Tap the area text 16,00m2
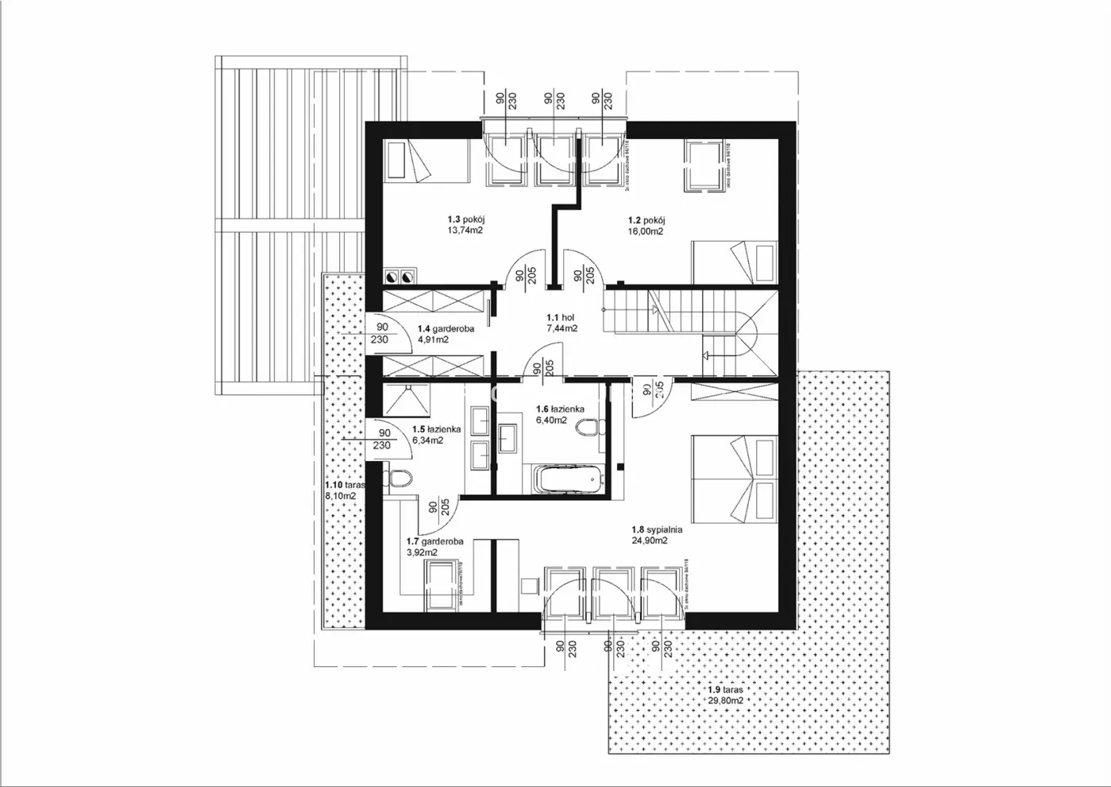(x=645, y=231)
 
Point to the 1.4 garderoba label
(x=446, y=328)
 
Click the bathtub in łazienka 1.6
(x=569, y=479)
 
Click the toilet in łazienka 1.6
(x=588, y=429)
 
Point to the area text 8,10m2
(x=340, y=495)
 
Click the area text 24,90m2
(x=650, y=540)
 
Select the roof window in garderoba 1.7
(x=441, y=585)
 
